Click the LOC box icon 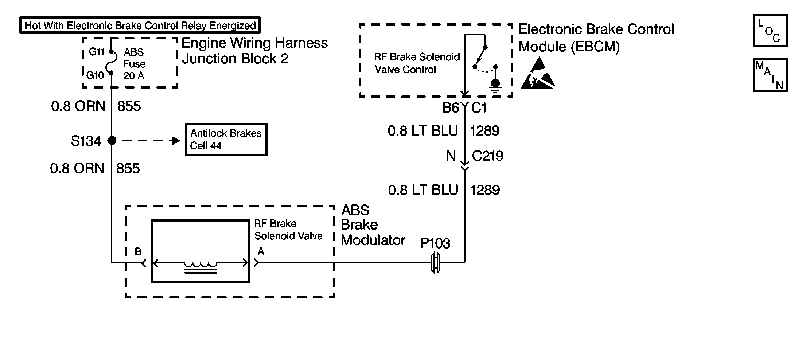pos(770,31)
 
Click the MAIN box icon pos(770,75)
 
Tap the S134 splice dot pos(112,140)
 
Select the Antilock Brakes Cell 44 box pos(226,140)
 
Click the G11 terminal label pos(97,52)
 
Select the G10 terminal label pos(95,75)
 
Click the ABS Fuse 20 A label pos(134,64)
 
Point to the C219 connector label pos(487,156)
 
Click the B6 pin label pos(451,108)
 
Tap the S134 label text pos(86,141)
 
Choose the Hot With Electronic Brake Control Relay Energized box pos(140,26)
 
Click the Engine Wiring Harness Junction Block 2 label pos(254,51)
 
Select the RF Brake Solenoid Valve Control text pos(417,63)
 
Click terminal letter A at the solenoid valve pos(261,251)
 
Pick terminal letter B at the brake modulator pos(138,251)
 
